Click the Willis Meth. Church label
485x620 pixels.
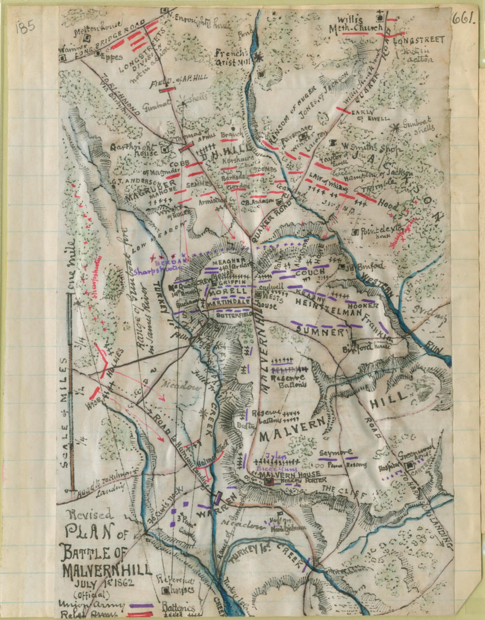pos(356,24)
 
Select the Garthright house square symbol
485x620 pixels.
pos(165,149)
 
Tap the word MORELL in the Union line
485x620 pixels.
pos(228,292)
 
